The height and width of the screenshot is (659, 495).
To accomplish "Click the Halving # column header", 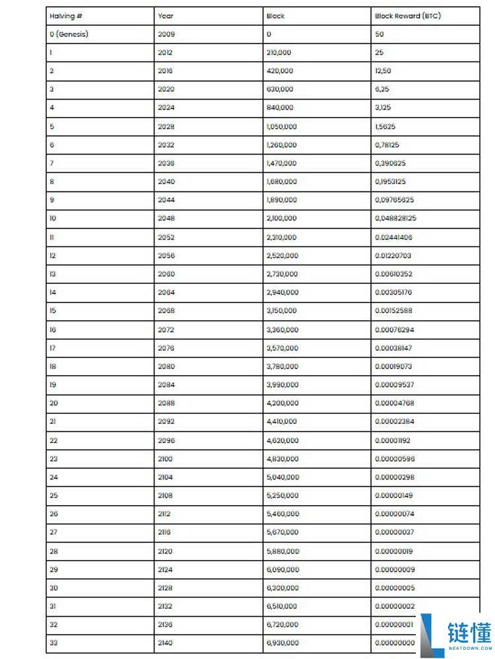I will (x=65, y=16).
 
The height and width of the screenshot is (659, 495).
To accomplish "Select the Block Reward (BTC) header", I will (x=407, y=16).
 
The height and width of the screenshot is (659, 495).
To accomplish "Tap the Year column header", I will (x=166, y=16).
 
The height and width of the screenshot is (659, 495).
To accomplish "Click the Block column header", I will (x=275, y=16).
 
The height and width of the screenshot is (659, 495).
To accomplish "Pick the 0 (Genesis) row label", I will (x=68, y=34).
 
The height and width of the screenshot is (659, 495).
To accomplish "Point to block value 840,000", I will (x=280, y=108).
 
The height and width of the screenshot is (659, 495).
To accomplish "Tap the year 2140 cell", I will (x=166, y=642).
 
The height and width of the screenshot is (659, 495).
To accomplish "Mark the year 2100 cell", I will (x=166, y=458).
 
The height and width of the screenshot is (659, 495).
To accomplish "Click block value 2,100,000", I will (x=282, y=218).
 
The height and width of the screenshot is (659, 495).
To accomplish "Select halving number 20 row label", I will (x=53, y=403).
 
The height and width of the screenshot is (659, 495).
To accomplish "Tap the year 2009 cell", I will (x=166, y=34).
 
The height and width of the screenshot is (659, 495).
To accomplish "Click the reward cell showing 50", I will (x=379, y=34).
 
